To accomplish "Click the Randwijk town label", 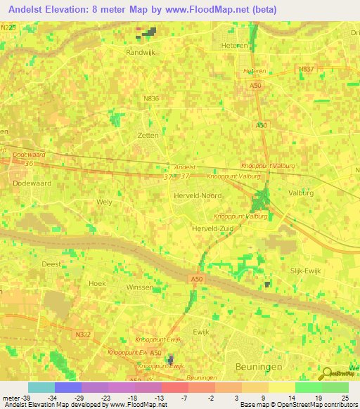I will [x=140, y=52].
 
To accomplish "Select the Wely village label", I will [x=104, y=202].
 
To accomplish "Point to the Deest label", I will [x=51, y=264].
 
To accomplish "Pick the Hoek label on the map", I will [x=96, y=283].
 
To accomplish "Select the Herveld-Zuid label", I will [x=212, y=229].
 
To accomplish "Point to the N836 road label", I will [x=150, y=100].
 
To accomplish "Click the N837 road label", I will [x=306, y=69].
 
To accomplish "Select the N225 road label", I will [x=8, y=27].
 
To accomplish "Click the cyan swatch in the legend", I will [x=41, y=387].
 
